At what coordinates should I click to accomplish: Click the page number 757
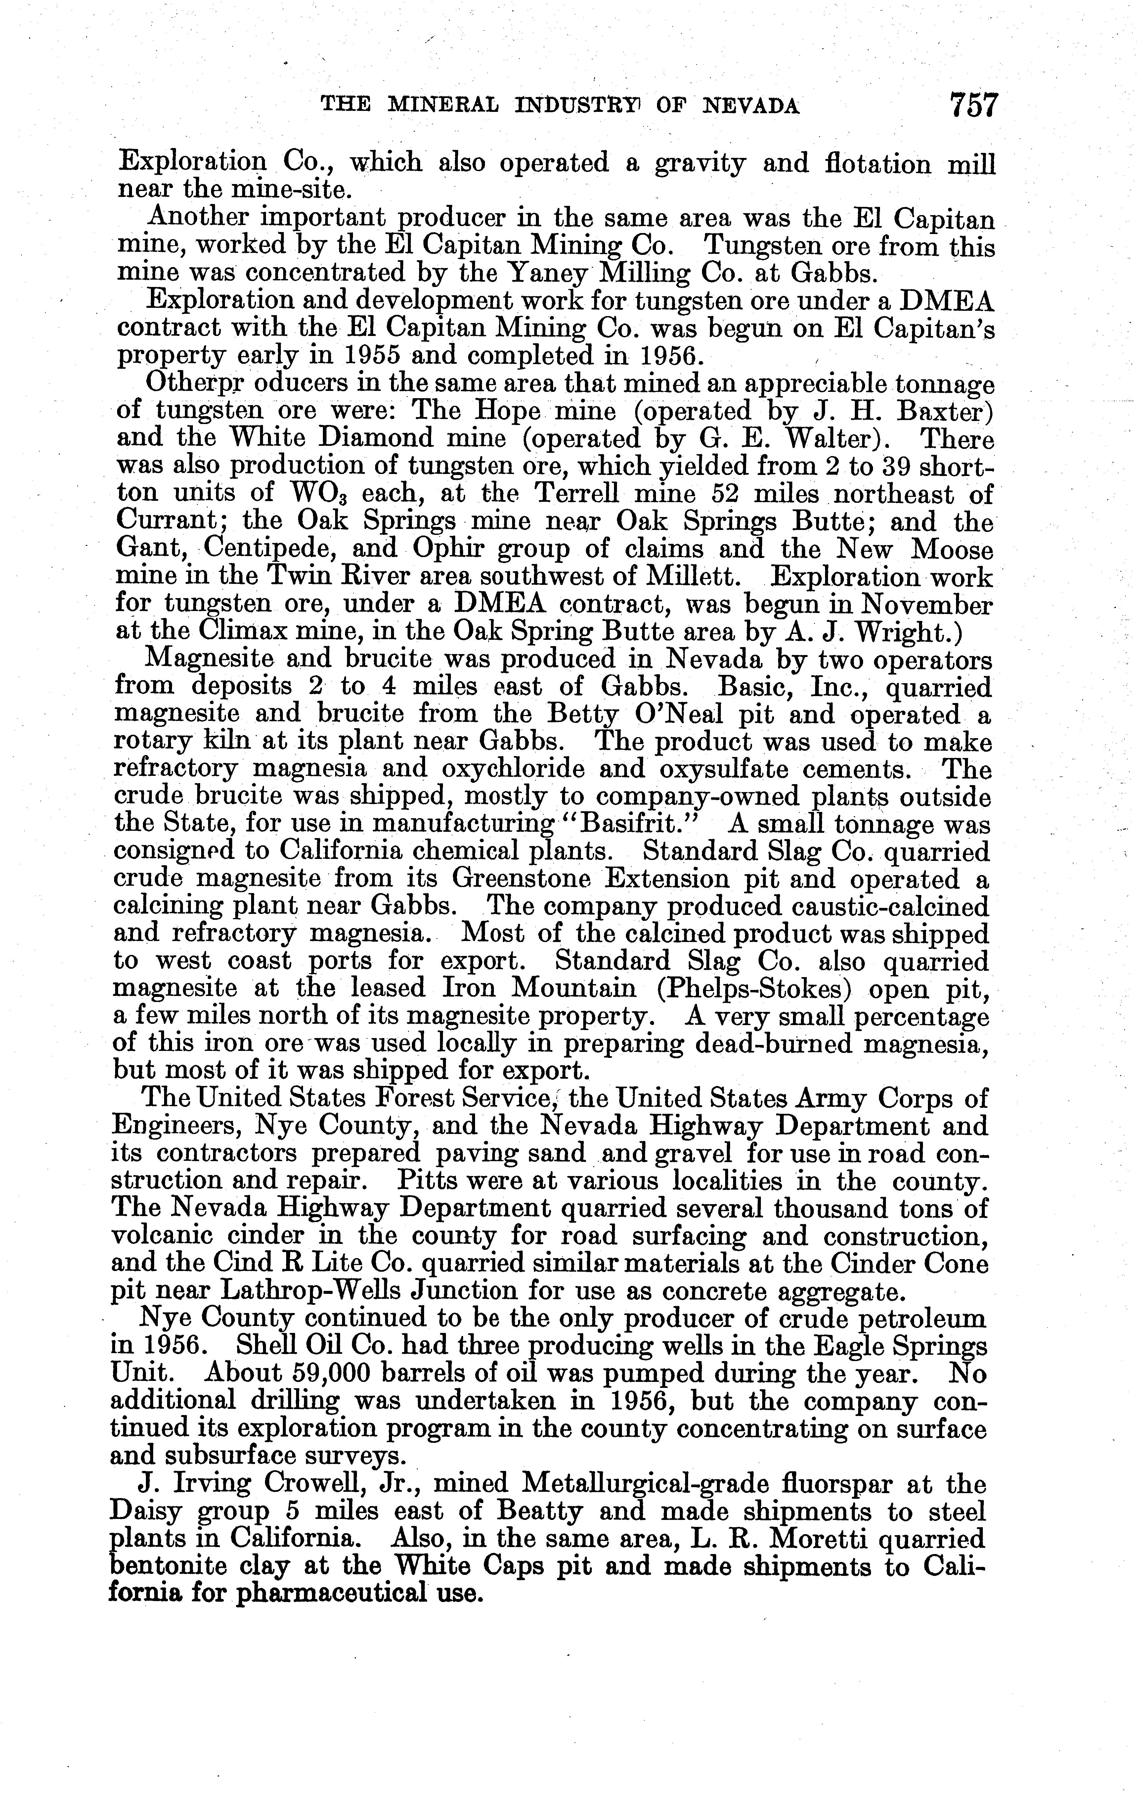(x=972, y=105)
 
